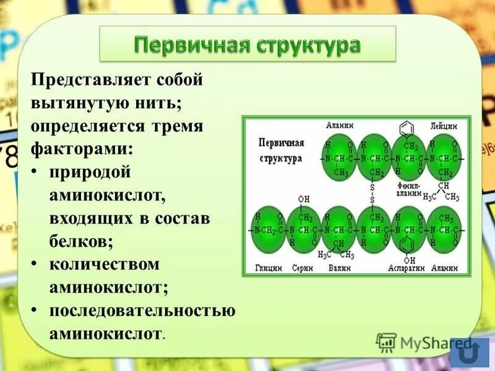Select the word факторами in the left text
(x=80, y=149)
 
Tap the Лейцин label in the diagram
(x=444, y=124)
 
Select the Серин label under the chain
(x=303, y=269)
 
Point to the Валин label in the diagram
(x=339, y=269)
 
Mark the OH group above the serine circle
(x=303, y=200)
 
